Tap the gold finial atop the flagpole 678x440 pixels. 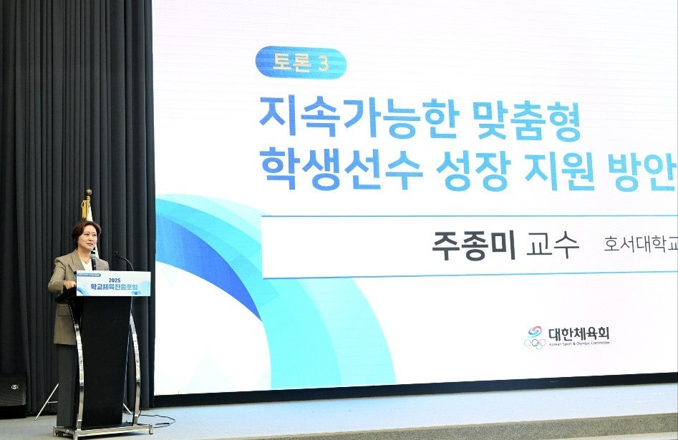click(87, 193)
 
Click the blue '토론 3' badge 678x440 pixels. click(301, 63)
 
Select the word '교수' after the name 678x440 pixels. click(552, 245)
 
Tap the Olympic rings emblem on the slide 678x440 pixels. click(534, 343)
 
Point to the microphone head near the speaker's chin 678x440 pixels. click(94, 258)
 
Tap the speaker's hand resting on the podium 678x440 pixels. click(69, 284)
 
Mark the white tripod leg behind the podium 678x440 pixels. click(49, 401)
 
